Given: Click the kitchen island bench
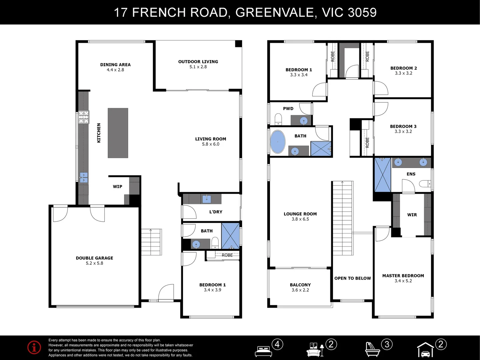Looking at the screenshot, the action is coord(118,133).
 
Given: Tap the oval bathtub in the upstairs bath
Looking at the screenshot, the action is coord(278,142).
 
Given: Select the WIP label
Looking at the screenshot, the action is coord(117,186).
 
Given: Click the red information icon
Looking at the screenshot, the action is coord(34,347).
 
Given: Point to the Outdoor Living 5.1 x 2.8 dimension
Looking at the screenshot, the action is coord(198,67).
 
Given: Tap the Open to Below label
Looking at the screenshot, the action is coord(353,278).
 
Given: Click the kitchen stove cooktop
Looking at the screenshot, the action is coord(84,117).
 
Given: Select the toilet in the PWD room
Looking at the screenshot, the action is coord(278,119).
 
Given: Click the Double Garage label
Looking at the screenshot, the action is coord(94,258).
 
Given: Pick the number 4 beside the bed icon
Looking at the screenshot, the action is coord(277,344).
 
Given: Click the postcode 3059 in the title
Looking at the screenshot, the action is coord(362,12).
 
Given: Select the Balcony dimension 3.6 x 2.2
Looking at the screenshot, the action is coord(300,290).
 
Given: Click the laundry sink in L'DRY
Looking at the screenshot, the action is coord(207,199).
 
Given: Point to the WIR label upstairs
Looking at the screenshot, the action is coord(412,215).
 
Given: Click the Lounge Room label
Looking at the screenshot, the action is coord(300,214).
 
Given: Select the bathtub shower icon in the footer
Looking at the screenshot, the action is coord(373,350).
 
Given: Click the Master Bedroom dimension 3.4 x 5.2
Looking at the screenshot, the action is coord(403,281).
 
